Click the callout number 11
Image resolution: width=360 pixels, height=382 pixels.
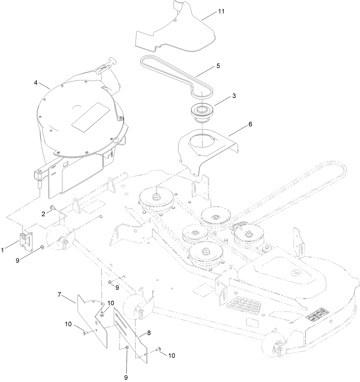click(221, 11)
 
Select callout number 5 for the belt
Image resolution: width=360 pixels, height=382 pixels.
click(218, 66)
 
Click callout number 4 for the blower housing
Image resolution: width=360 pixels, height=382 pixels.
click(36, 83)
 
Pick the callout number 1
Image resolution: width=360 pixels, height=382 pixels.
click(3, 250)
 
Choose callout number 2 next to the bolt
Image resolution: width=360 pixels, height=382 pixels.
click(43, 214)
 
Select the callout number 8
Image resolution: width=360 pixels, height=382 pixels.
click(149, 333)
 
